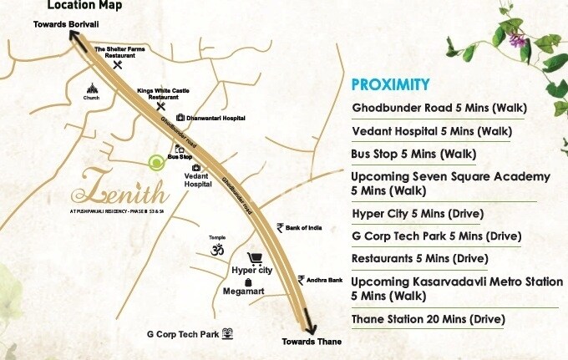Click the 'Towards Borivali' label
pos(66,24)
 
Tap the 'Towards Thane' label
pos(312,342)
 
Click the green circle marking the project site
pos(155,162)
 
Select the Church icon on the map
pos(92,89)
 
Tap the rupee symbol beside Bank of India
pos(280,227)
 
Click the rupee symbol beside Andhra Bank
pos(301,280)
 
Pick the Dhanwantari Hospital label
pos(216,119)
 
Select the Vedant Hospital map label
pos(196,180)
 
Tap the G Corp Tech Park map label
pos(182,335)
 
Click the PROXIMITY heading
pos(390,84)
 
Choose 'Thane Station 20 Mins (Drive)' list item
pos(429,319)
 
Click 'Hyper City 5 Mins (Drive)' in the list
pos(418,213)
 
